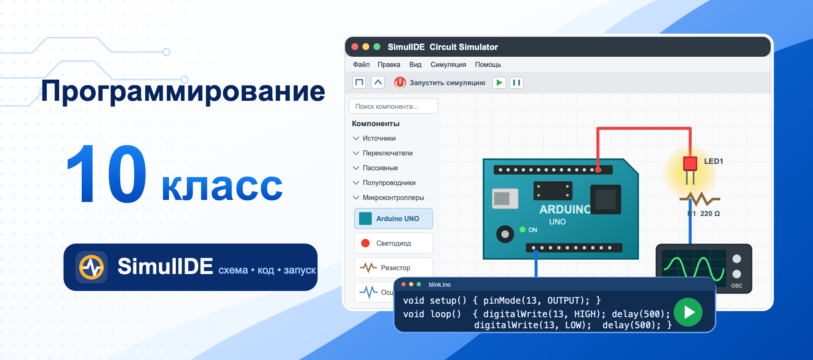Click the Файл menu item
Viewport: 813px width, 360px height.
click(361, 64)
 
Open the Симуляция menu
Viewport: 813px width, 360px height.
click(448, 64)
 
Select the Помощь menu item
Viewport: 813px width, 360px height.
click(488, 64)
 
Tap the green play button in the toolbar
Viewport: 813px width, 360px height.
click(499, 83)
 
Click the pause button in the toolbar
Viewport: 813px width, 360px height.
click(517, 83)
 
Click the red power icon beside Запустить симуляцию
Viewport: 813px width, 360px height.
click(400, 83)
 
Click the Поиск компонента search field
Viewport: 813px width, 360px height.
click(393, 106)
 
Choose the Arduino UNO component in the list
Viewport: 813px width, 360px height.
click(393, 219)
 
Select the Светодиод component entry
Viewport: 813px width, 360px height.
click(393, 243)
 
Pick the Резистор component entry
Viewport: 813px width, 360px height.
click(393, 268)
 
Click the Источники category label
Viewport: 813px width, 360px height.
click(379, 138)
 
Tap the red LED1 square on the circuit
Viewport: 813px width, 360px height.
click(690, 163)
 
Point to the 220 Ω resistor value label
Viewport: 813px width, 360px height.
click(710, 213)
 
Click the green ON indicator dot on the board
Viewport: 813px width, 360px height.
click(523, 230)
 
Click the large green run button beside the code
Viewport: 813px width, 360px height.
click(688, 312)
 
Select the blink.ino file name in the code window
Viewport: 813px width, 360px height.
click(440, 285)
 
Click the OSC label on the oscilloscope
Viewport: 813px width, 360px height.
click(737, 285)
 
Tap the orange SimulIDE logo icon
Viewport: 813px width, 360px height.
click(91, 267)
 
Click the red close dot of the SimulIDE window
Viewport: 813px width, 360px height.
click(355, 47)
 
